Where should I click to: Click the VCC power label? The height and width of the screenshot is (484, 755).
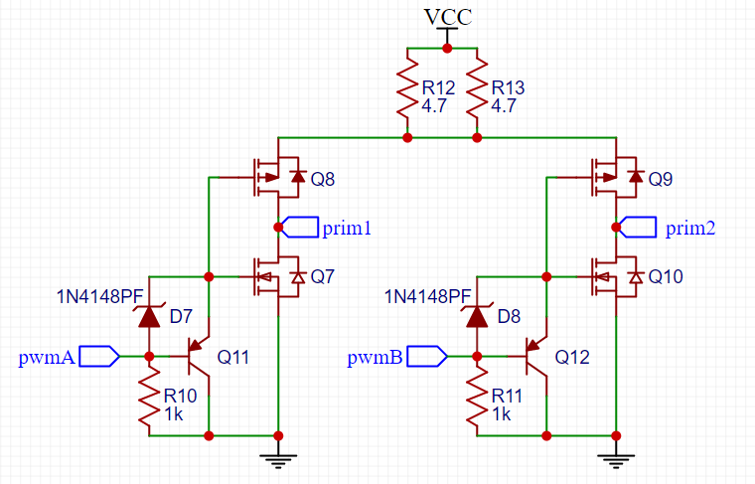pyautogui.click(x=448, y=17)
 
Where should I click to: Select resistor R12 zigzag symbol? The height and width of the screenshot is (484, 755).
pyautogui.click(x=407, y=90)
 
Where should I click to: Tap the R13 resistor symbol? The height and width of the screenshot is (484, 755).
pyautogui.click(x=477, y=90)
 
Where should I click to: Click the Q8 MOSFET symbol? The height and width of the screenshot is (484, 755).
pyautogui.click(x=278, y=177)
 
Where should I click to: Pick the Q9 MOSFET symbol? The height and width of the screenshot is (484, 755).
pyautogui.click(x=616, y=177)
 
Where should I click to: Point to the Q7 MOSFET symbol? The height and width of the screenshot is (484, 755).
pyautogui.click(x=278, y=277)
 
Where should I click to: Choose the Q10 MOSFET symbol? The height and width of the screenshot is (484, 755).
pyautogui.click(x=616, y=277)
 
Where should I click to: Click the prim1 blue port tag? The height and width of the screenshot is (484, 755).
pyautogui.click(x=300, y=227)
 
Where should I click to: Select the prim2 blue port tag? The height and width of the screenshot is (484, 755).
pyautogui.click(x=638, y=227)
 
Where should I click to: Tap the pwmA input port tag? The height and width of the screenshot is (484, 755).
pyautogui.click(x=99, y=357)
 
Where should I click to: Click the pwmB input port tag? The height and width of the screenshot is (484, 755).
pyautogui.click(x=427, y=357)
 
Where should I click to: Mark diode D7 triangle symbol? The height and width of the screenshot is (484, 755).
pyautogui.click(x=149, y=316)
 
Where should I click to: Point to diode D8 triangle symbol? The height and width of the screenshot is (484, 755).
pyautogui.click(x=477, y=316)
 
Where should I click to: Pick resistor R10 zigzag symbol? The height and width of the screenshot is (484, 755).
pyautogui.click(x=149, y=396)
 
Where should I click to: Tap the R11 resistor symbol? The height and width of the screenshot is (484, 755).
pyautogui.click(x=477, y=396)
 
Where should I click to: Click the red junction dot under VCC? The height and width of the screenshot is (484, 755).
pyautogui.click(x=447, y=48)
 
